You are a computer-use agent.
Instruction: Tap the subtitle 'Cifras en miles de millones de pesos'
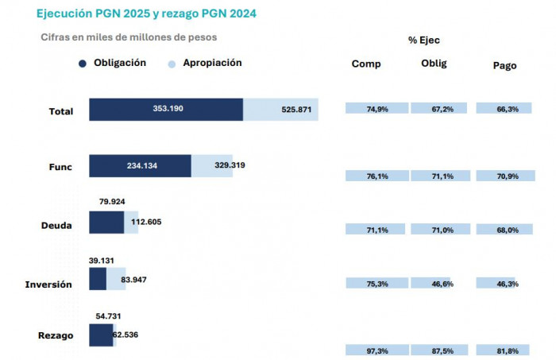pyautogui.click(x=128, y=37)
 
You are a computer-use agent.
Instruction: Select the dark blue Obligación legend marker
pyautogui.click(x=82, y=64)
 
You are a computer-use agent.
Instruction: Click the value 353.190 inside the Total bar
pyautogui.click(x=168, y=109)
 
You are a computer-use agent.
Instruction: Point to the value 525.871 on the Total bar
pyautogui.click(x=296, y=110)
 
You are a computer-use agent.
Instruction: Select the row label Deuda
pyautogui.click(x=56, y=226)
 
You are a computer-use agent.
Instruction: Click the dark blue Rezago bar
pyautogui.click(x=100, y=335)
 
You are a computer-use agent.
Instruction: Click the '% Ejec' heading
pyautogui.click(x=423, y=40)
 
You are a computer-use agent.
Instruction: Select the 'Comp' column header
pyautogui.click(x=366, y=64)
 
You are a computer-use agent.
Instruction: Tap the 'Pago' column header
pyautogui.click(x=504, y=66)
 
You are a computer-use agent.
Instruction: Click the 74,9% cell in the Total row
pyautogui.click(x=376, y=109)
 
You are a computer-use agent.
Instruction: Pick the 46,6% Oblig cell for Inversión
pyautogui.click(x=441, y=284)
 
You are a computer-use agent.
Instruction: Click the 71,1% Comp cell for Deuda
pyautogui.click(x=376, y=230)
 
